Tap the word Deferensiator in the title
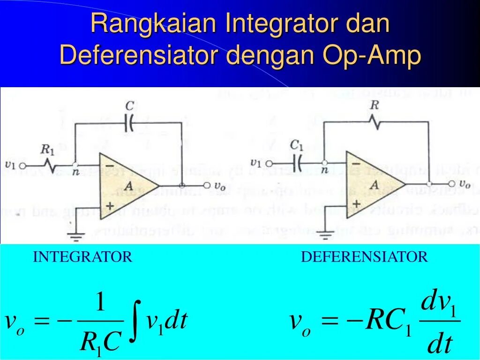click(x=139, y=56)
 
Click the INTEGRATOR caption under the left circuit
click(x=82, y=257)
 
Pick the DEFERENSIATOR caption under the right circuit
click(x=364, y=257)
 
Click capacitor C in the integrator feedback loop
click(x=130, y=123)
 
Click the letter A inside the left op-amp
click(x=120, y=186)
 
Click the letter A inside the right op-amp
click(x=374, y=185)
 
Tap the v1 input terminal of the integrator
click(x=22, y=165)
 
